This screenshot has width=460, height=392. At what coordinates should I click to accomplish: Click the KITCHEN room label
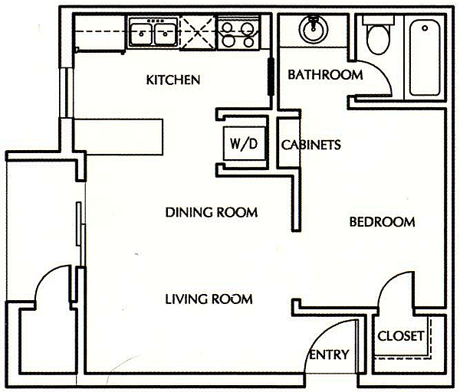click(x=173, y=80)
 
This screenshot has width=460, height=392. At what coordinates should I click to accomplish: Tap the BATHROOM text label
click(x=324, y=74)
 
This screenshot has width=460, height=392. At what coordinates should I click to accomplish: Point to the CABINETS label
click(x=310, y=145)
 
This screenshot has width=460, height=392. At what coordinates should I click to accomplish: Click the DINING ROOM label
click(x=211, y=212)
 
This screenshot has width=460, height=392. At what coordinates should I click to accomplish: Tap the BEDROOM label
click(x=382, y=222)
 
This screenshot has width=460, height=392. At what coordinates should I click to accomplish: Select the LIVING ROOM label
click(x=209, y=299)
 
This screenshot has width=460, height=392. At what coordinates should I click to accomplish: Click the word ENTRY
click(x=329, y=354)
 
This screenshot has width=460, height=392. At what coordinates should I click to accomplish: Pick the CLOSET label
click(x=401, y=336)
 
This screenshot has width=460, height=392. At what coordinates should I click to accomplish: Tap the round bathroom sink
click(x=313, y=31)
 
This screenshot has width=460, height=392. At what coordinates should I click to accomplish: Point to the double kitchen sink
click(x=153, y=33)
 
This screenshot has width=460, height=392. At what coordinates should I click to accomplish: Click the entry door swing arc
click(x=330, y=337)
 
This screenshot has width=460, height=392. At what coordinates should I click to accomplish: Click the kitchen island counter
click(x=119, y=136)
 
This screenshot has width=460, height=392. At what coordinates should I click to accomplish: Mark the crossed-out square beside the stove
click(x=199, y=33)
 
